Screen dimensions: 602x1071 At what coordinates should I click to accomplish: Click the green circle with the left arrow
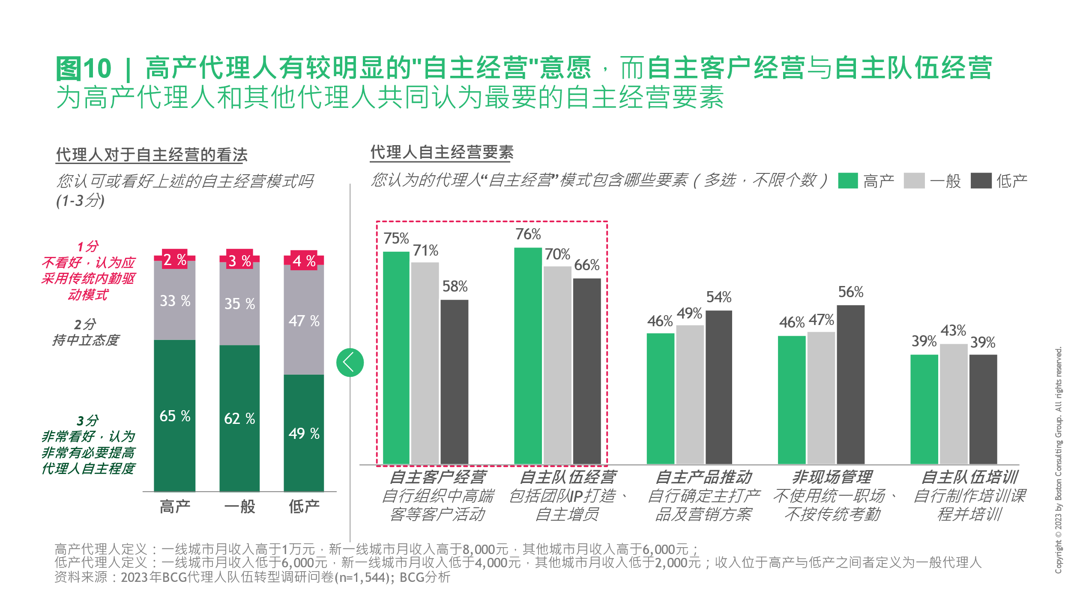(350, 363)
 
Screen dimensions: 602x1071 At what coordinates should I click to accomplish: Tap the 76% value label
(528, 234)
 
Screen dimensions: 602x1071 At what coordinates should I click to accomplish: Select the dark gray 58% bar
(454, 381)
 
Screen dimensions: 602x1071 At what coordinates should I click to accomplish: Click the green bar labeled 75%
(396, 358)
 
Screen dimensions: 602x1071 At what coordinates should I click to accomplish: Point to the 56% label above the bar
(850, 292)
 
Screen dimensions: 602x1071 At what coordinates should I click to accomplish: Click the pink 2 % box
(175, 259)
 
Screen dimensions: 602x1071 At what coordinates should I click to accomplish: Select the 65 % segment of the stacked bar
(175, 415)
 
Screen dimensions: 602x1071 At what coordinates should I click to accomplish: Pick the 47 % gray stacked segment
(304, 320)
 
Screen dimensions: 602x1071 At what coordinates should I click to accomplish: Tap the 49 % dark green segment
(304, 433)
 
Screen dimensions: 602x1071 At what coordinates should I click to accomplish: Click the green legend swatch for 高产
(848, 181)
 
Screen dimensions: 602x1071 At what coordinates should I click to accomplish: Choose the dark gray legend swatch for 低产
(981, 181)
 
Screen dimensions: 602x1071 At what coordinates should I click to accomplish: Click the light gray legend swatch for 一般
(914, 181)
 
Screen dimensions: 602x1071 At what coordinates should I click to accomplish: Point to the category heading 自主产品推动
(704, 477)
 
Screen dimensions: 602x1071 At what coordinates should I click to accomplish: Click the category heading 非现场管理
(832, 477)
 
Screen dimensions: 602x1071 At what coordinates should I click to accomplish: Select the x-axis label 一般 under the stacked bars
(239, 507)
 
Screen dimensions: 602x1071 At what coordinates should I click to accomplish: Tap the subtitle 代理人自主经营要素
(442, 152)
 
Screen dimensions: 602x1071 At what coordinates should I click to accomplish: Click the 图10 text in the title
(84, 69)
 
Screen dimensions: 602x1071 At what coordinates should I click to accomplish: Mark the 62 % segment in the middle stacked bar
(239, 418)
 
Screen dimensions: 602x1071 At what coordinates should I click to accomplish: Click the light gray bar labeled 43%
(954, 403)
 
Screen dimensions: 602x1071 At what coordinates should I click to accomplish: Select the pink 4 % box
(304, 260)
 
